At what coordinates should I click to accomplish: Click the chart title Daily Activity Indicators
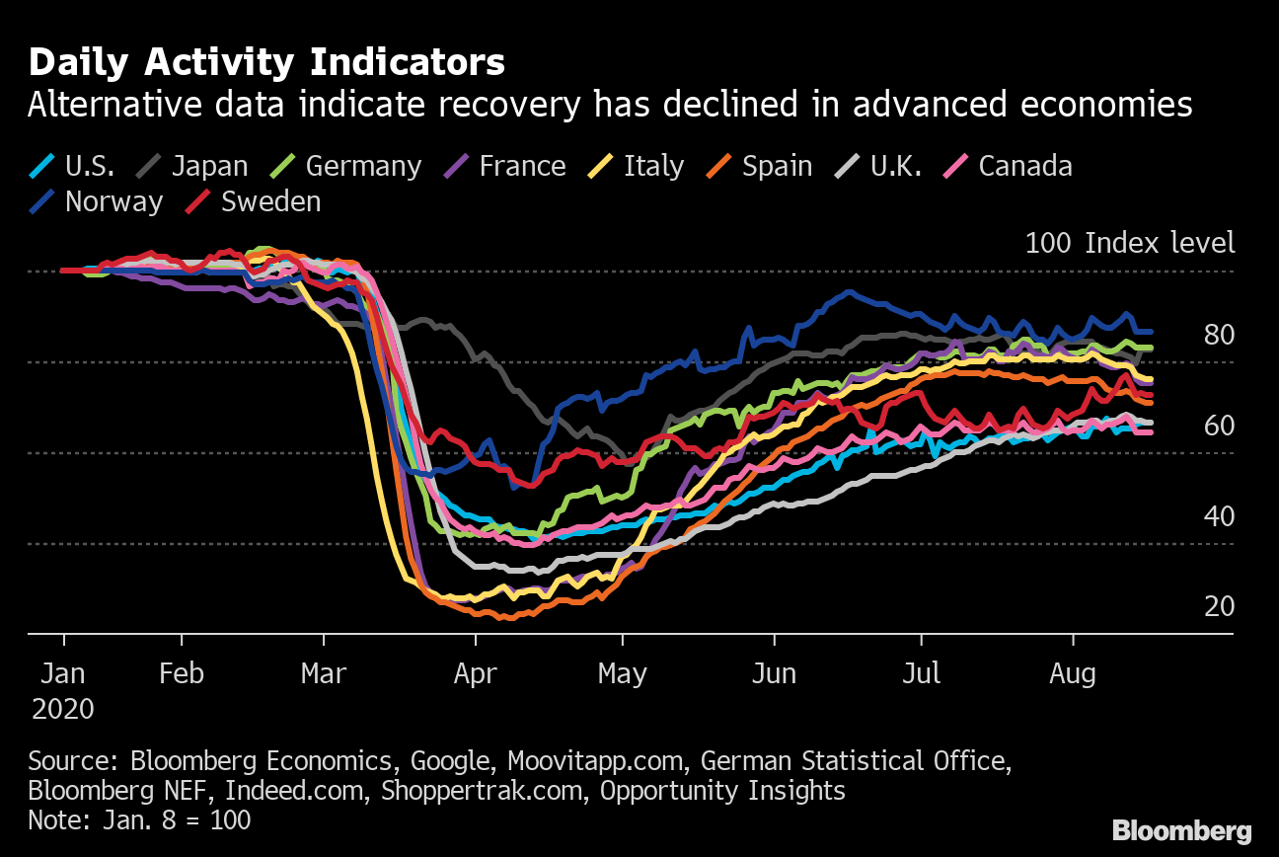266,62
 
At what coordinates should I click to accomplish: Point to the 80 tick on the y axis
1219,335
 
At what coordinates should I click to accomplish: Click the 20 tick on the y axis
1219,606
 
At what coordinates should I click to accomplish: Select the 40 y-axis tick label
1219,516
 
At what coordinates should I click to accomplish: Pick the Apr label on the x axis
476,674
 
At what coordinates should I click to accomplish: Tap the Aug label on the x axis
1073,674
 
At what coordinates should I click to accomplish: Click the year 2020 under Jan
63,709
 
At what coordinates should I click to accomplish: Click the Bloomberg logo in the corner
1182,830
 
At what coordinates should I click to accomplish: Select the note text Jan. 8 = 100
139,819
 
